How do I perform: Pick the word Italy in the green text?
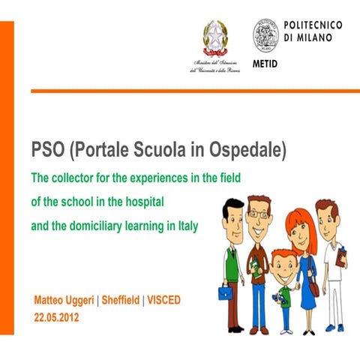[186, 225]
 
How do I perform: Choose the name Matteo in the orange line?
[49, 301]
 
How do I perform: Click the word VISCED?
[163, 301]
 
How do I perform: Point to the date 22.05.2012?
[56, 317]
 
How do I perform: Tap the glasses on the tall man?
[258, 214]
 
